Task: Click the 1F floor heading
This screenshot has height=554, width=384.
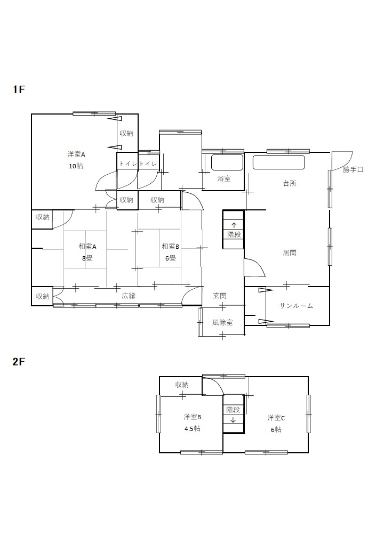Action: pyautogui.click(x=19, y=89)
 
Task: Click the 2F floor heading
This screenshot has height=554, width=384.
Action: pyautogui.click(x=19, y=362)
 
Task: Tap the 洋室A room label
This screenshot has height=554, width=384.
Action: pyautogui.click(x=76, y=154)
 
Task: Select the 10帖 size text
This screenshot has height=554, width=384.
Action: pyautogui.click(x=76, y=166)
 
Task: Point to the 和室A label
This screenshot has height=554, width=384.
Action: pyautogui.click(x=87, y=247)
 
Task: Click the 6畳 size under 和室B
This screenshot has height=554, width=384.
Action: pyautogui.click(x=171, y=258)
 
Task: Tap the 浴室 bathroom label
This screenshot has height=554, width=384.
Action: pyautogui.click(x=224, y=179)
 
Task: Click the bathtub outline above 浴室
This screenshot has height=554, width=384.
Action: pyautogui.click(x=227, y=162)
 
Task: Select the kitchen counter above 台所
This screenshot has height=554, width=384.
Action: pyautogui.click(x=278, y=162)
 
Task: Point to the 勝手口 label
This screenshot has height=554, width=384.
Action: pyautogui.click(x=353, y=169)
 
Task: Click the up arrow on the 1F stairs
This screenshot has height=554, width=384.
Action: pyautogui.click(x=234, y=225)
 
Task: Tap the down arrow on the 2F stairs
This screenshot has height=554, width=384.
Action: pyautogui.click(x=233, y=420)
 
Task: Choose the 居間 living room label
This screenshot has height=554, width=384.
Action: pyautogui.click(x=290, y=252)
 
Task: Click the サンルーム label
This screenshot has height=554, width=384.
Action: pyautogui.click(x=297, y=306)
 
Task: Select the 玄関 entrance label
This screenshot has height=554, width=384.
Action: pyautogui.click(x=220, y=296)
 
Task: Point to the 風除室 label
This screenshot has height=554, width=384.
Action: pyautogui.click(x=222, y=322)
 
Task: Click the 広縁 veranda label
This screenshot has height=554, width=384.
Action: pyautogui.click(x=129, y=296)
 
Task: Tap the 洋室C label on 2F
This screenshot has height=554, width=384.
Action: pyautogui.click(x=276, y=418)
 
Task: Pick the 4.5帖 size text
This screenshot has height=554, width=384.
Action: pyautogui.click(x=192, y=429)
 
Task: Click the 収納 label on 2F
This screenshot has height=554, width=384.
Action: pyautogui.click(x=182, y=385)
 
